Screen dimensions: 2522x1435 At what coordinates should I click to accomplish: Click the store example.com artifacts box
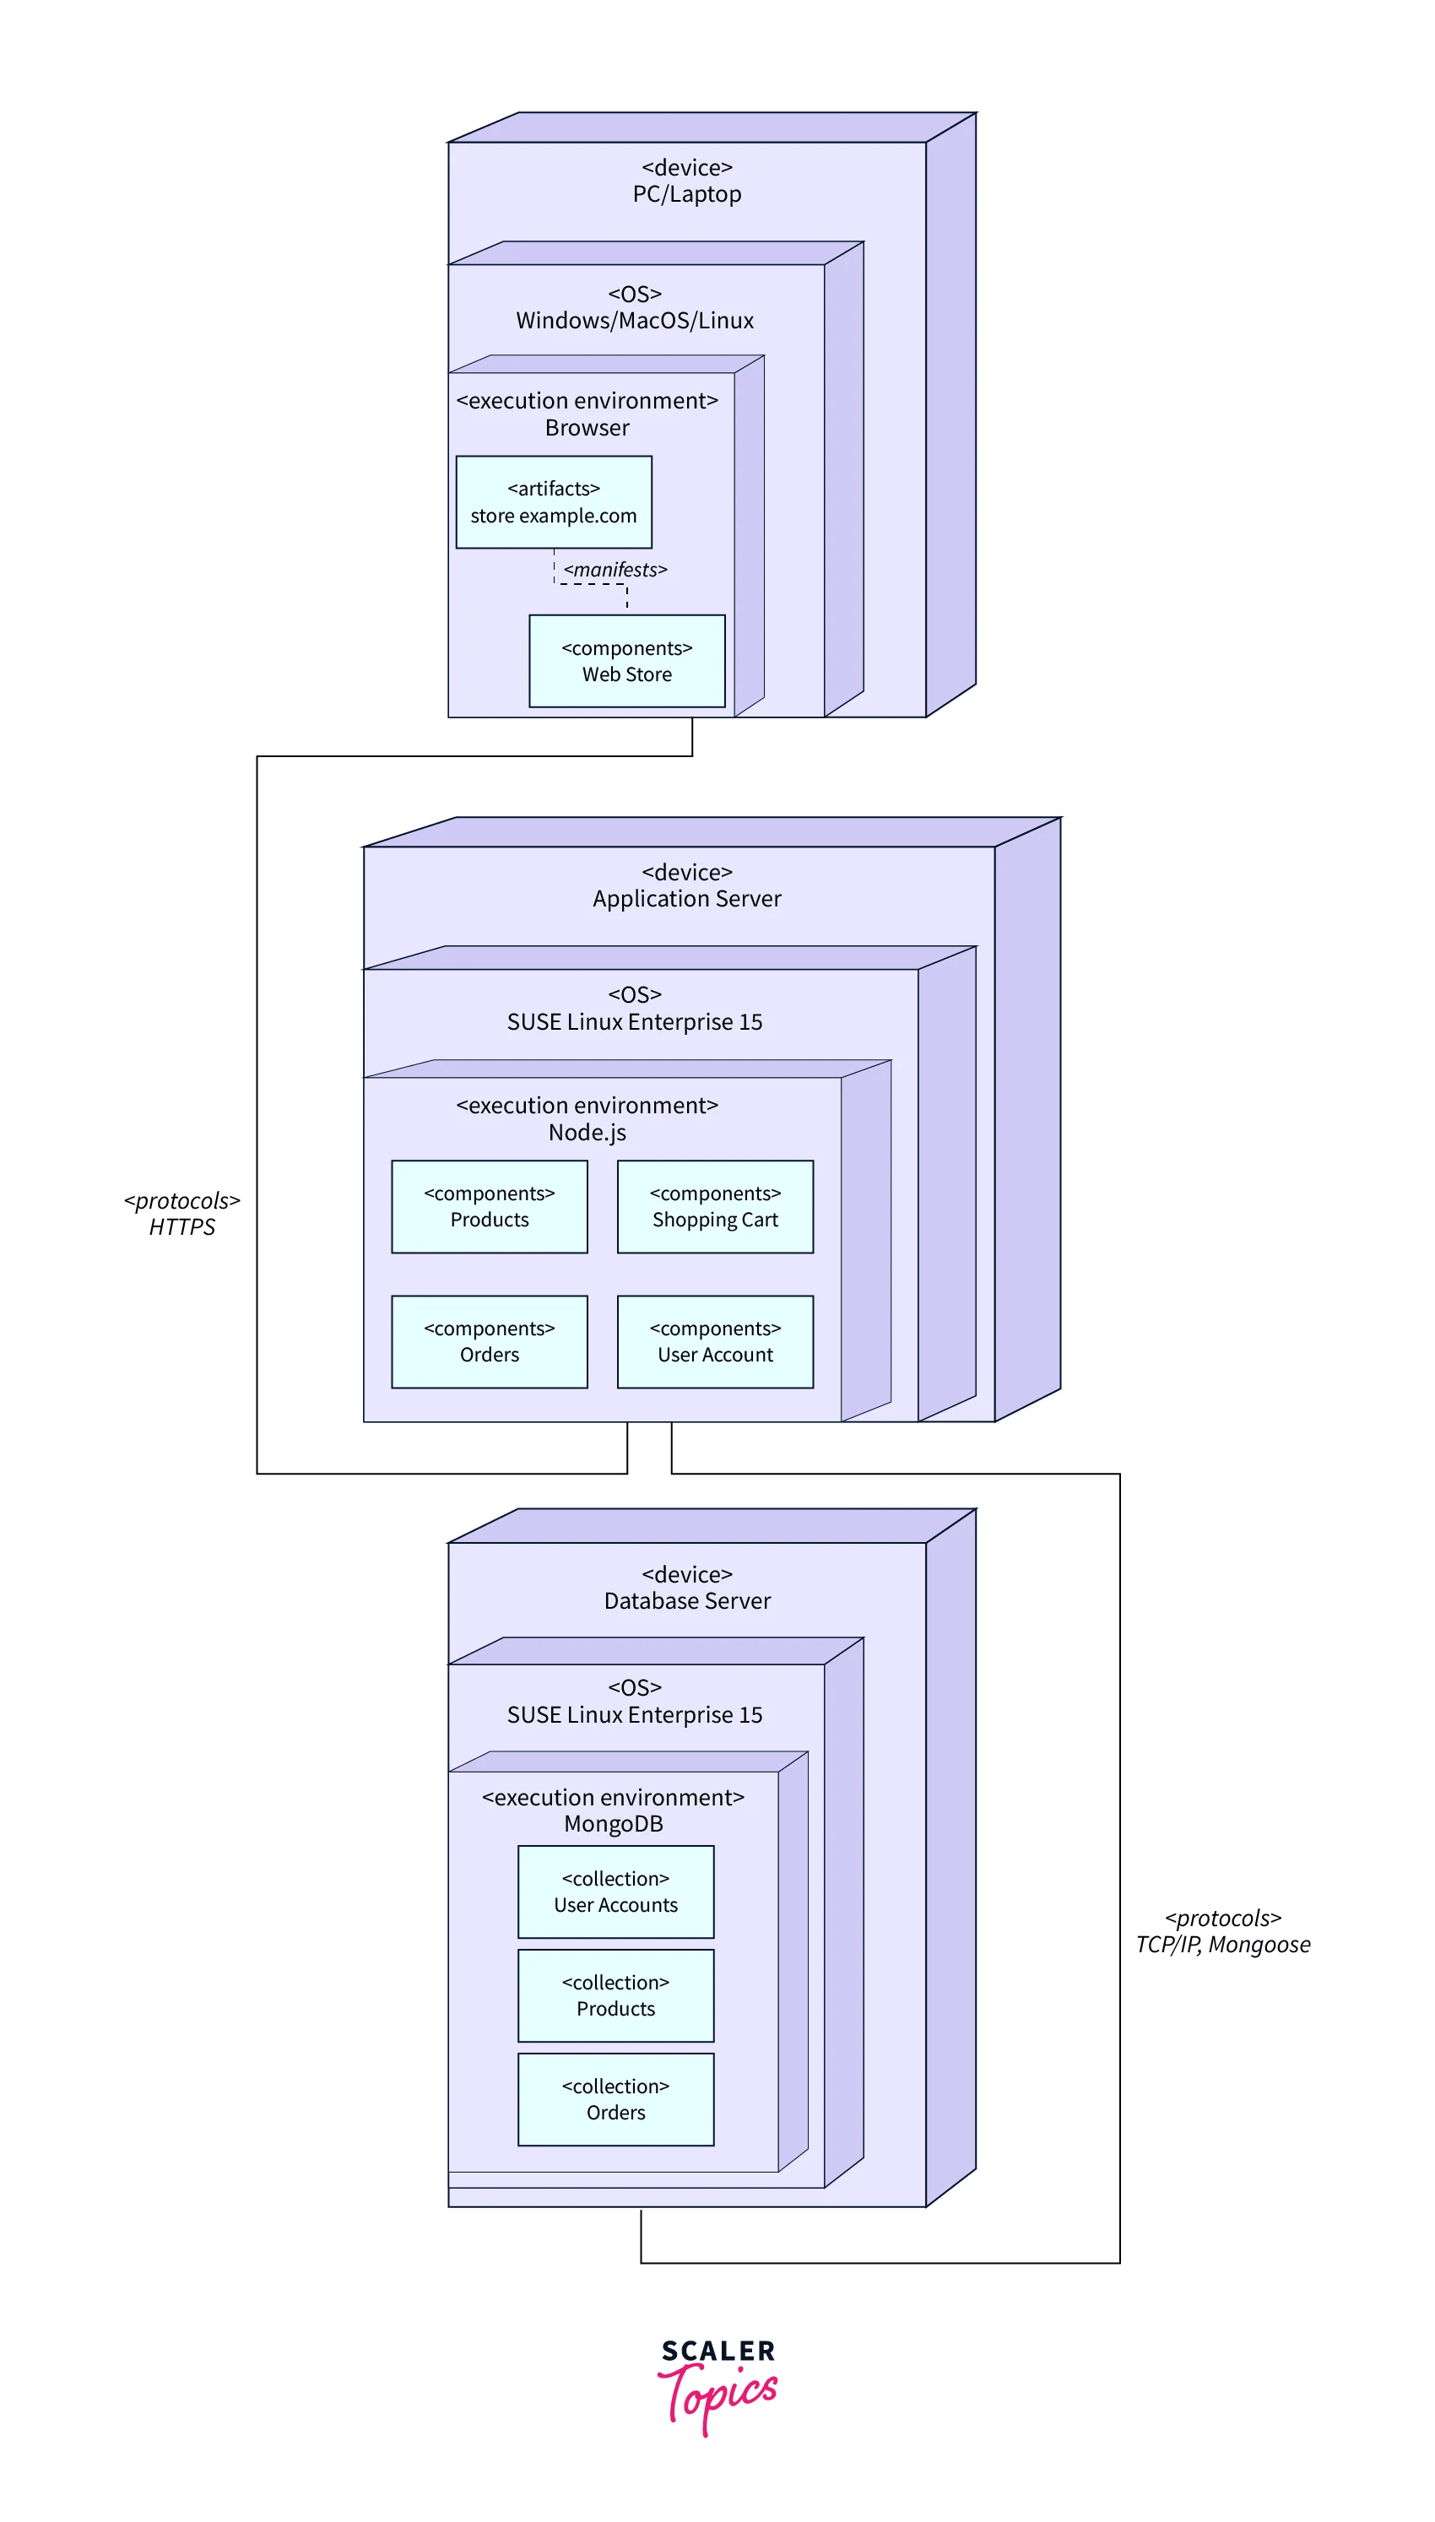coord(553,501)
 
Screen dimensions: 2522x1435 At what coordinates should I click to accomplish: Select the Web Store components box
coord(627,661)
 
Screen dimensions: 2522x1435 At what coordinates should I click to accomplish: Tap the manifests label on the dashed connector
coord(615,570)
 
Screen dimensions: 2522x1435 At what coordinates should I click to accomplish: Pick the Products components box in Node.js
coord(489,1206)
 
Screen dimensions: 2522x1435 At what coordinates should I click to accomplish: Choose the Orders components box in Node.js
coord(489,1341)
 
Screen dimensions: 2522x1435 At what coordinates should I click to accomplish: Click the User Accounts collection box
coord(615,1891)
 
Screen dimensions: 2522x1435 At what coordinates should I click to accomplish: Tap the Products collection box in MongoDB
coord(615,1995)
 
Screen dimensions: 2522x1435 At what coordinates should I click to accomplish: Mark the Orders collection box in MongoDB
coord(615,2098)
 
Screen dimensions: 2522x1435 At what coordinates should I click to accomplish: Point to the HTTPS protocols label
coord(182,1214)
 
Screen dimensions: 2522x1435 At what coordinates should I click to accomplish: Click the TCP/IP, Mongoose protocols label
coord(1222,1931)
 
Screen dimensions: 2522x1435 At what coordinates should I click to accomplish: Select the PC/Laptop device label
coord(687,181)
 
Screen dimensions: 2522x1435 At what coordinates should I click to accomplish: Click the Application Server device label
coord(687,885)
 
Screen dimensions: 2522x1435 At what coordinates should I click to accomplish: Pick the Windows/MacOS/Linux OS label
coord(635,307)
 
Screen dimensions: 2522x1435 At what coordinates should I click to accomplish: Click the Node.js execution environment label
coord(588,1119)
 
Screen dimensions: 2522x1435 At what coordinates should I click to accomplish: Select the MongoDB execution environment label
coord(613,1810)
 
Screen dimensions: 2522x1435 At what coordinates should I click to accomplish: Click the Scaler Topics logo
coord(717,2384)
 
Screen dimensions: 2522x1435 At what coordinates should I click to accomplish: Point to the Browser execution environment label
coord(588,414)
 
